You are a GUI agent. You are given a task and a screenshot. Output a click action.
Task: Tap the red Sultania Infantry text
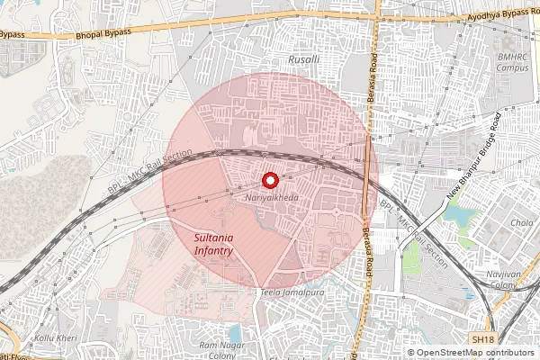tap(215, 244)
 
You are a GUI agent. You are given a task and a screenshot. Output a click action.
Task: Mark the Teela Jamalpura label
tap(291, 293)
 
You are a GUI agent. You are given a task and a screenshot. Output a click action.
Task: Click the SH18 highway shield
tap(482, 339)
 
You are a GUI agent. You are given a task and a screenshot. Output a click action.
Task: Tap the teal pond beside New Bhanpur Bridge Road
tap(464, 217)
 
